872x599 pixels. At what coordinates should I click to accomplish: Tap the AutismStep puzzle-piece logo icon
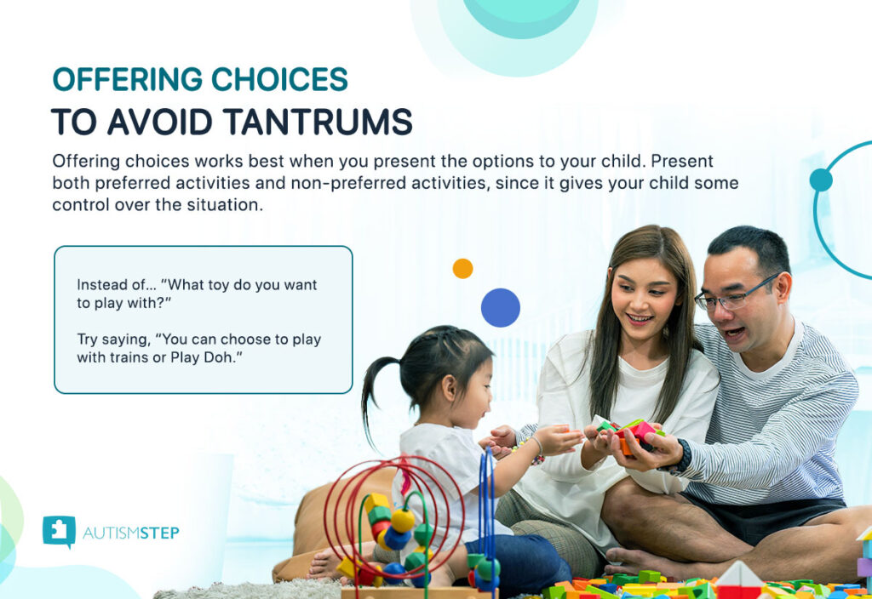click(59, 531)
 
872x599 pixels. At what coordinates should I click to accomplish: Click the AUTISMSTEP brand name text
click(131, 533)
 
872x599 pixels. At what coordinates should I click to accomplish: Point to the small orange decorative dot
click(462, 269)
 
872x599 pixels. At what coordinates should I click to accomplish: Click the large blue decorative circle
click(500, 308)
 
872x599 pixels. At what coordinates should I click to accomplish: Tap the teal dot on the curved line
click(820, 180)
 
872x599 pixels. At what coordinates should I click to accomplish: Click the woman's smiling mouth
click(640, 320)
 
